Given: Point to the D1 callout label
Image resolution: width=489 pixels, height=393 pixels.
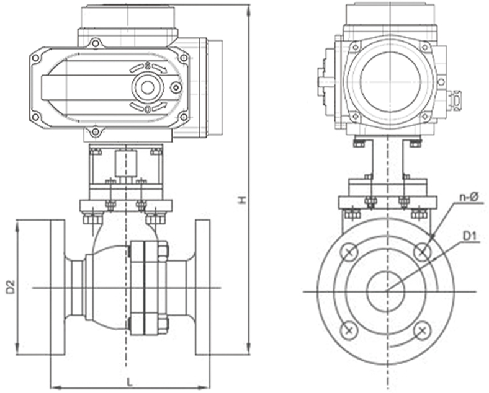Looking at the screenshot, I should click(469, 236).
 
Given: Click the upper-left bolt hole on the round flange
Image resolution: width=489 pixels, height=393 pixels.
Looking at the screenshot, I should click(349, 252).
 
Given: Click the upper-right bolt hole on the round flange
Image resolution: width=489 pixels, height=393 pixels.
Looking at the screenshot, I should click(423, 252).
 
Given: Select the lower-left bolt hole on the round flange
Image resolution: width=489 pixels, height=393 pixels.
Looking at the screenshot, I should click(349, 330).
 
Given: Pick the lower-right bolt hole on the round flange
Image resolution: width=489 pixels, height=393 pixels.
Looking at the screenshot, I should click(423, 330).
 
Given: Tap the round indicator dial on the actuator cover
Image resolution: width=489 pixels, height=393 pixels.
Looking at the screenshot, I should click(148, 87).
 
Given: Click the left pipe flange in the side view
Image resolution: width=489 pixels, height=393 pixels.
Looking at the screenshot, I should click(57, 287).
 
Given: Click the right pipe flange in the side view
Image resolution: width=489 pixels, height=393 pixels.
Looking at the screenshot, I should click(202, 287).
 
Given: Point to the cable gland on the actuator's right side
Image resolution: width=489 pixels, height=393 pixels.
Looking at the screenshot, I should click(456, 99).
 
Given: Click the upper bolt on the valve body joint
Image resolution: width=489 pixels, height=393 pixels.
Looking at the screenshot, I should click(163, 251).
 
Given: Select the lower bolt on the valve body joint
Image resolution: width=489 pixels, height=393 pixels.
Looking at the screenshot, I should click(163, 323).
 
